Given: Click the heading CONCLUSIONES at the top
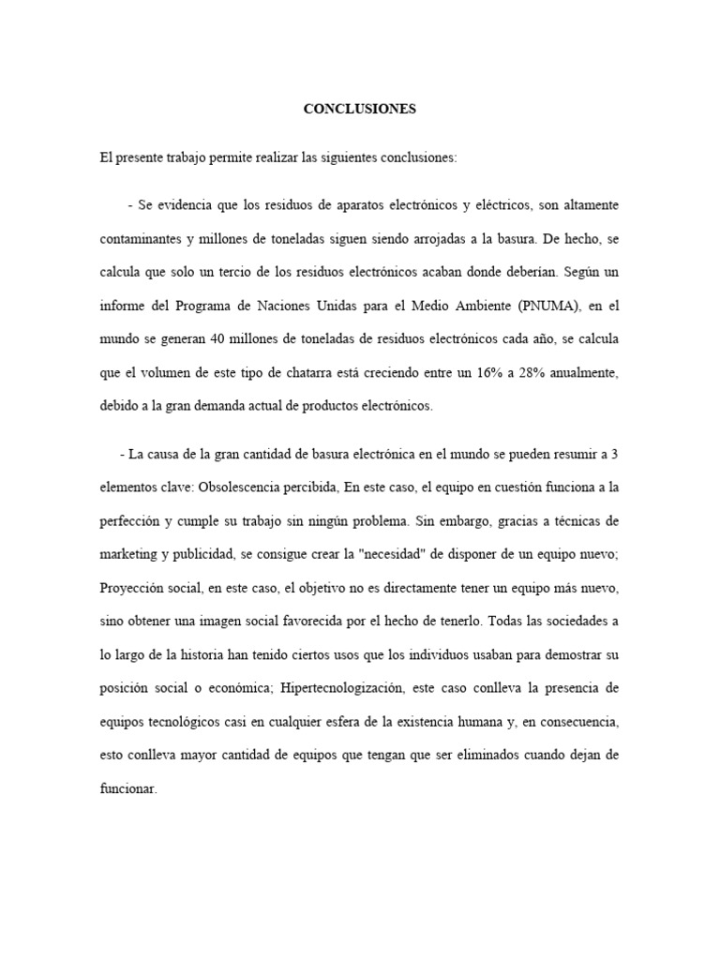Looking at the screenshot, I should (359, 109).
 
